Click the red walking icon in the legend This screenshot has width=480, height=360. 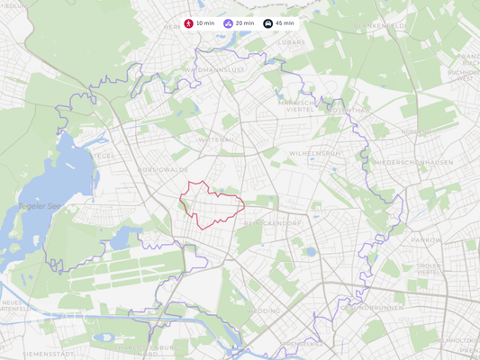pyautogui.click(x=188, y=23)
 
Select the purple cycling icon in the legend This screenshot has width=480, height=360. pyautogui.click(x=228, y=23)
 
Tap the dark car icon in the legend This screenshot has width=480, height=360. pyautogui.click(x=267, y=23)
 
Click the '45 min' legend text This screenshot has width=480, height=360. pyautogui.click(x=285, y=23)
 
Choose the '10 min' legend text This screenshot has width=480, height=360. pyautogui.click(x=205, y=23)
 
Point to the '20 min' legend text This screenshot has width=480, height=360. pyautogui.click(x=245, y=23)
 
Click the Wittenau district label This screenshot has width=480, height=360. pyautogui.click(x=215, y=139)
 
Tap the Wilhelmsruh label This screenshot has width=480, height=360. pyautogui.click(x=314, y=153)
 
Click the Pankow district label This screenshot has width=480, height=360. pyautogui.click(x=426, y=240)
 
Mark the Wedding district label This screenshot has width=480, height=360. pyautogui.click(x=267, y=310)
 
